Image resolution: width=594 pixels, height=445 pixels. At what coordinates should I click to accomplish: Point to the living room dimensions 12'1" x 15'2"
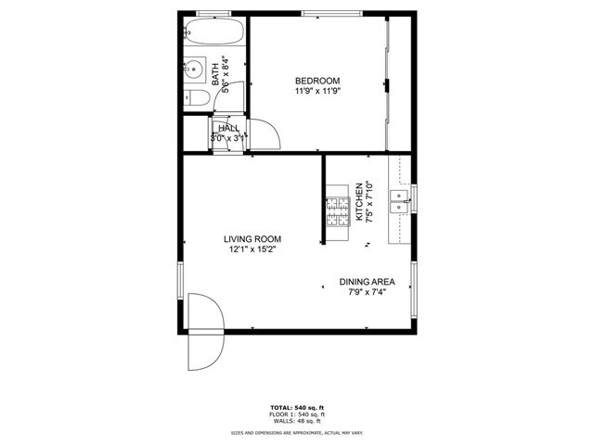pyautogui.click(x=252, y=249)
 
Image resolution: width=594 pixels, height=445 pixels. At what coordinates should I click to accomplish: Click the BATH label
pyautogui.click(x=215, y=73)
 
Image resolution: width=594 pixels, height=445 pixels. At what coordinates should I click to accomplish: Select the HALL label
pyautogui.click(x=228, y=128)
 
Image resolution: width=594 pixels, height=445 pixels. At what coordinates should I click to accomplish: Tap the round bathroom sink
pyautogui.click(x=195, y=69)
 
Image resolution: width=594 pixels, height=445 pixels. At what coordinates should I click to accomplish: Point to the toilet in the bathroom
pyautogui.click(x=198, y=98)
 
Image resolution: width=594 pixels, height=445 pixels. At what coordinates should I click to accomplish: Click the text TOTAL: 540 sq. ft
pyautogui.click(x=297, y=408)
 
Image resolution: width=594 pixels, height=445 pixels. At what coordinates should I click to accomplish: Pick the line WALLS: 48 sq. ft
pyautogui.click(x=297, y=422)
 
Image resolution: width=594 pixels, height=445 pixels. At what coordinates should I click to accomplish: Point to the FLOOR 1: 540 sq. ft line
pyautogui.click(x=297, y=414)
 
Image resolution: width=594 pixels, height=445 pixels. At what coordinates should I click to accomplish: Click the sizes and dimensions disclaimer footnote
pyautogui.click(x=297, y=432)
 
